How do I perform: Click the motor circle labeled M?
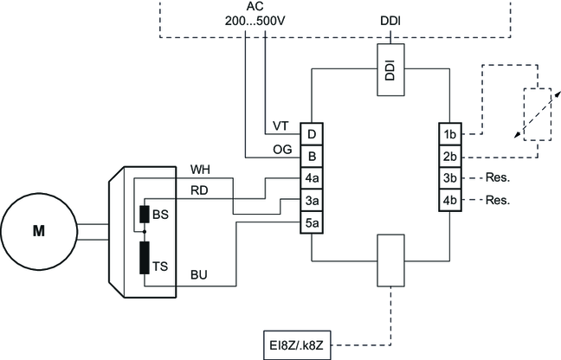38,230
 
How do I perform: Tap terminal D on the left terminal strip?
311,134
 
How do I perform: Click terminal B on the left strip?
311,157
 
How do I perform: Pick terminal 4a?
311,179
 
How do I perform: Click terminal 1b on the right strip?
449,134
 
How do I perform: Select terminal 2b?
449,157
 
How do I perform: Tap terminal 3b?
449,179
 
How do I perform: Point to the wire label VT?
280,126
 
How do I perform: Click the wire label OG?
281,149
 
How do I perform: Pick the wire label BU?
199,275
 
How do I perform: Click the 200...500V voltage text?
255,19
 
